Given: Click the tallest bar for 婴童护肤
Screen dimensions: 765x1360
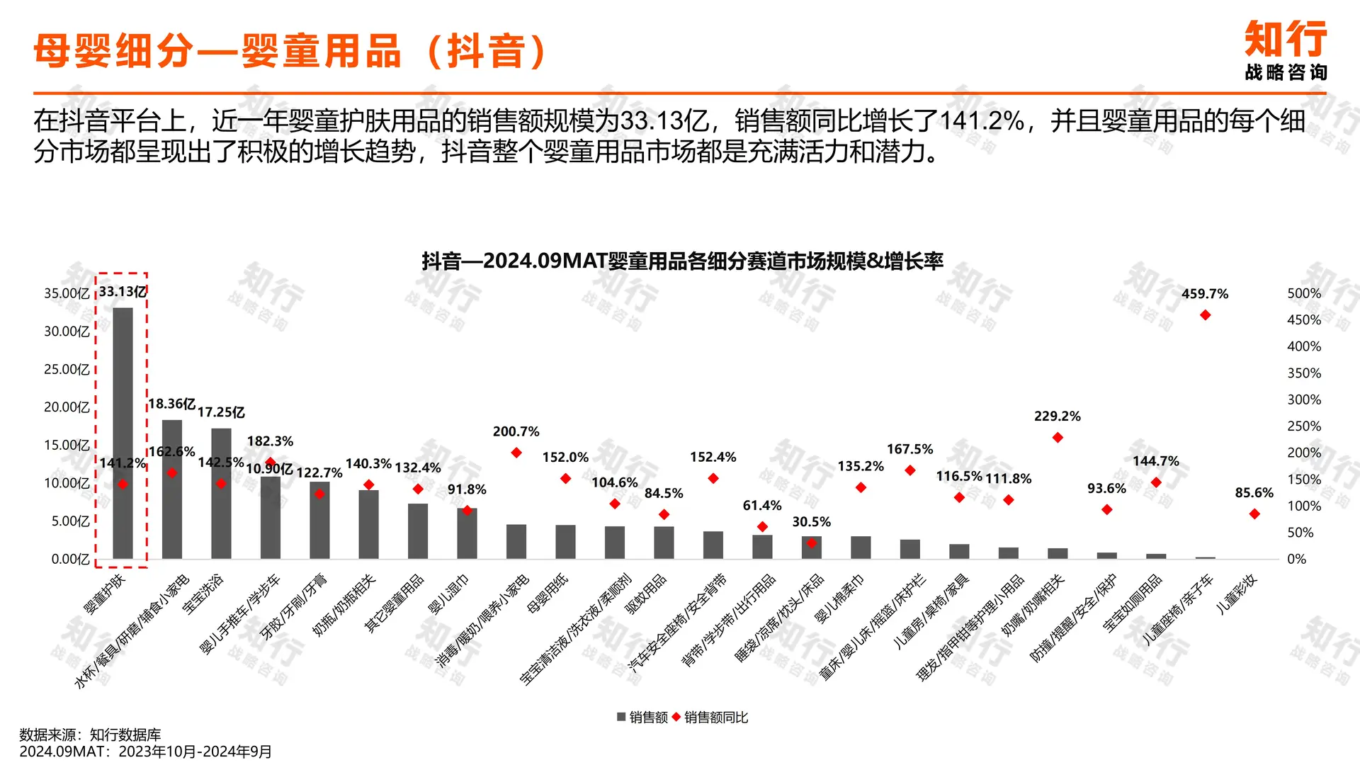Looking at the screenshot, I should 123,432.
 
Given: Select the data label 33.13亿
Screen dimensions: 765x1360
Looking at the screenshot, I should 123,291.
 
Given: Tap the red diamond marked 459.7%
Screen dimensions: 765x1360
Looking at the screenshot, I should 1205,315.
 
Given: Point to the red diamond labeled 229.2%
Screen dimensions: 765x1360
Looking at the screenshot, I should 1058,438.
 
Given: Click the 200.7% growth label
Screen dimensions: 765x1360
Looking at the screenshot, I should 516,431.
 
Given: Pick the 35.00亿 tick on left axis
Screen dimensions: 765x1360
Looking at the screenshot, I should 67,293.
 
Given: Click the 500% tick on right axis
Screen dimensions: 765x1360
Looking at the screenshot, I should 1303,293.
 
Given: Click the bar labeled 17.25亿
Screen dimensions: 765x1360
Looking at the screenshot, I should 221,493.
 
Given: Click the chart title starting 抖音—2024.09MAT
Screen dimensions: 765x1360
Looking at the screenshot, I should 682,261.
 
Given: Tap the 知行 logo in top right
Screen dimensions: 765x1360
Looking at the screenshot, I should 1286,50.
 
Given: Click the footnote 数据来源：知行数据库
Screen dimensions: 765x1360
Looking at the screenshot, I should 90,735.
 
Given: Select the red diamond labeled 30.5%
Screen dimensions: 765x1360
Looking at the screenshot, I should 811,543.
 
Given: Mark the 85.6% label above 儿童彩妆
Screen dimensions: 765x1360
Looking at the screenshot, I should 1254,492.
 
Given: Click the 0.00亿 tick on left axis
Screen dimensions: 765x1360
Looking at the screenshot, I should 70,559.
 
